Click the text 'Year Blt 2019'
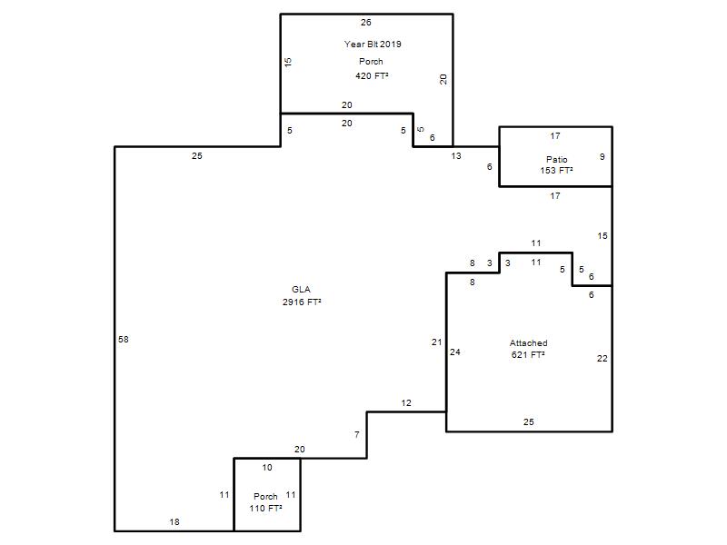point(373,44)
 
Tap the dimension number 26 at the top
point(366,22)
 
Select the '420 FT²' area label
point(372,75)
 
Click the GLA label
point(301,289)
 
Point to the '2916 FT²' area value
point(302,302)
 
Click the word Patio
point(556,159)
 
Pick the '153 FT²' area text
point(556,171)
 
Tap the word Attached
point(529,343)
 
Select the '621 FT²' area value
point(528,355)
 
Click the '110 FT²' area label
point(265,509)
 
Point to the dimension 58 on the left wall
point(124,339)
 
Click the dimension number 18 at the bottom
point(174,521)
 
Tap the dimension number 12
point(406,402)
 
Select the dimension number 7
point(356,435)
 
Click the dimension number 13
point(456,156)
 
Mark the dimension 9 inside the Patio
point(603,156)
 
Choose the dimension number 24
point(455,352)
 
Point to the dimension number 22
point(603,358)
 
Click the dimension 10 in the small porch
point(267,467)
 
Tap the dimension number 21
point(437,342)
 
